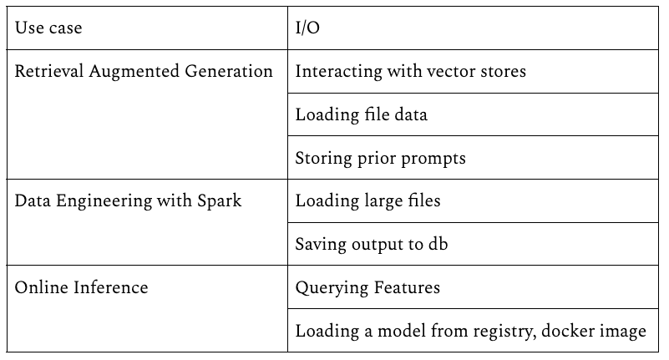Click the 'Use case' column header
click(48, 28)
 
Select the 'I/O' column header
click(308, 28)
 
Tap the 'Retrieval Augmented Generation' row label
click(144, 71)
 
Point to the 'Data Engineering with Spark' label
click(129, 201)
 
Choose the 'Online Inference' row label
click(82, 288)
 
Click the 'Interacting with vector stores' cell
click(411, 71)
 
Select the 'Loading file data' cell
click(361, 114)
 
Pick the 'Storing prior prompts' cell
click(380, 158)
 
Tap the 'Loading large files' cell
click(367, 201)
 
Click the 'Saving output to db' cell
click(373, 245)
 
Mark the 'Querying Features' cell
click(367, 288)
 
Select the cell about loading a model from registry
click(470, 332)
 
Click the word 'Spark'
click(218, 201)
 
